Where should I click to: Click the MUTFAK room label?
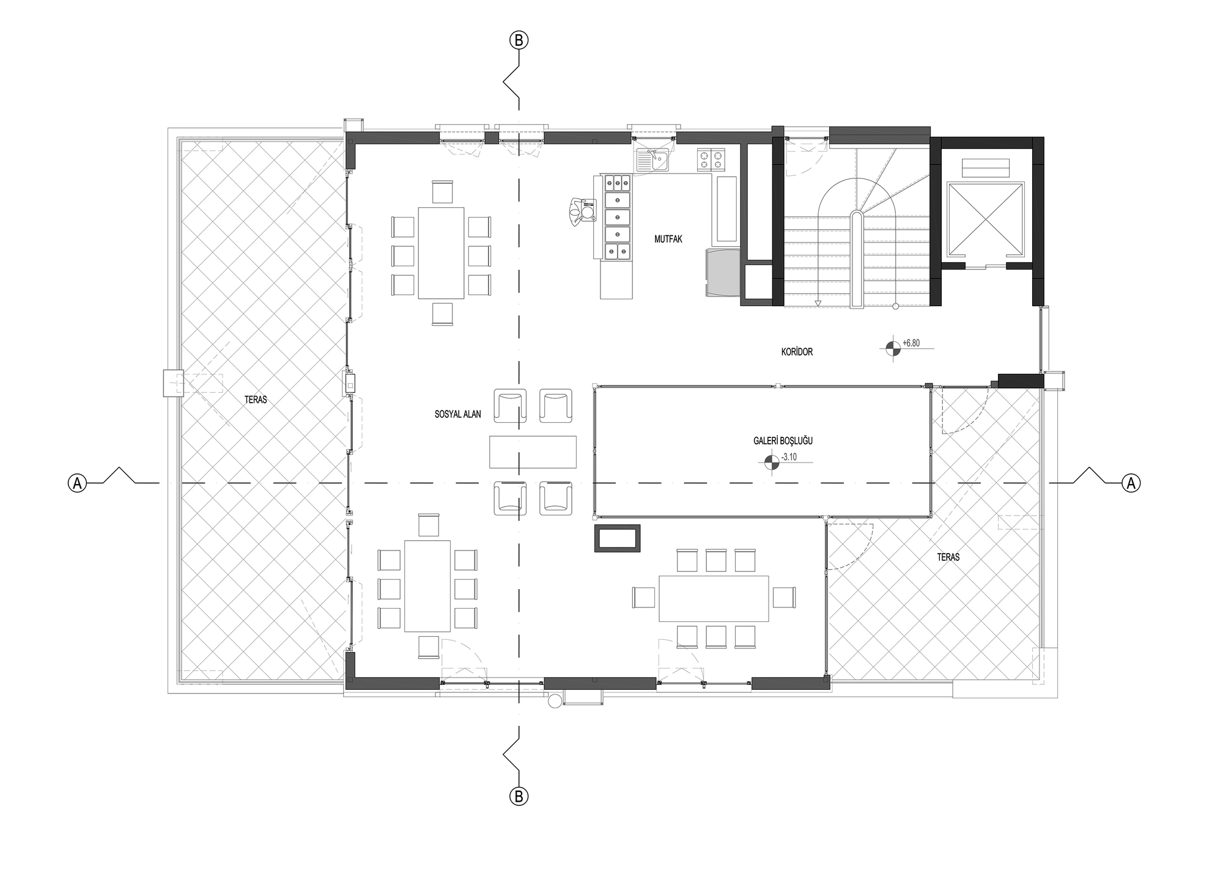(668, 240)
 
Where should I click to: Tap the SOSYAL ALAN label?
(457, 414)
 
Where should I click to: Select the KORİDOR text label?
(797, 352)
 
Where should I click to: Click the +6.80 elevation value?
(911, 343)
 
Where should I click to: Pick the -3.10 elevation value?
(789, 457)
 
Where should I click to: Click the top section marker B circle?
(519, 40)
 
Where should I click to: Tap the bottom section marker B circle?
(519, 796)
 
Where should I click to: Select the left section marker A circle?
(77, 483)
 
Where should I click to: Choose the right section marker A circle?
(1131, 483)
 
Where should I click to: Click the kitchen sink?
(652, 160)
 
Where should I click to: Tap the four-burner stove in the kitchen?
(710, 159)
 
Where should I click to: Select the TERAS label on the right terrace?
(948, 557)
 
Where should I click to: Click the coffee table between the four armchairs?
(533, 452)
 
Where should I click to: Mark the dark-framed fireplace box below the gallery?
(618, 538)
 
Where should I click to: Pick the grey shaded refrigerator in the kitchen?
(723, 273)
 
